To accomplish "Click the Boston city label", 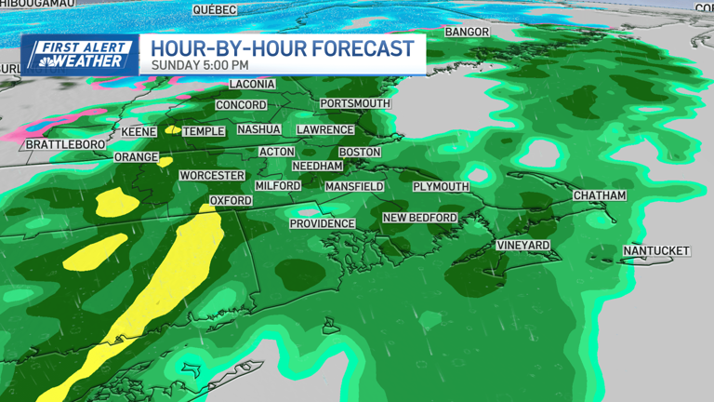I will (x=359, y=152).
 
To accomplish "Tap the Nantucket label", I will (x=656, y=251).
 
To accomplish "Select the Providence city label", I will (x=323, y=223).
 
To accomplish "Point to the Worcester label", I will (x=212, y=175).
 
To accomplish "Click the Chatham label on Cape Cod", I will (x=599, y=195).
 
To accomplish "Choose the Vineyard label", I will (x=523, y=245).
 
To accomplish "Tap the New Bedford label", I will (x=420, y=218).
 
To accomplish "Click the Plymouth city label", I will (x=441, y=186).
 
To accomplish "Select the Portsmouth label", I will (x=354, y=103).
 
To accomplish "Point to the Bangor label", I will (x=467, y=32).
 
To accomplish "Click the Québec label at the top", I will (x=215, y=9).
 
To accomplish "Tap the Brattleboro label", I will (x=60, y=145).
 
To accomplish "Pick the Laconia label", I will (x=252, y=84).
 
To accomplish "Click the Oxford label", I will (x=231, y=200).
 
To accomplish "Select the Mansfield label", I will (x=354, y=186).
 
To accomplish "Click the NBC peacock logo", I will (x=39, y=60).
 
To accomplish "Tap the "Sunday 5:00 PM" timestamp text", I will (x=200, y=65).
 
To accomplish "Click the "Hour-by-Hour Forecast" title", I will (x=283, y=48).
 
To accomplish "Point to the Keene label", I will (x=139, y=132).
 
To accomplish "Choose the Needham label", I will (x=317, y=166).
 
